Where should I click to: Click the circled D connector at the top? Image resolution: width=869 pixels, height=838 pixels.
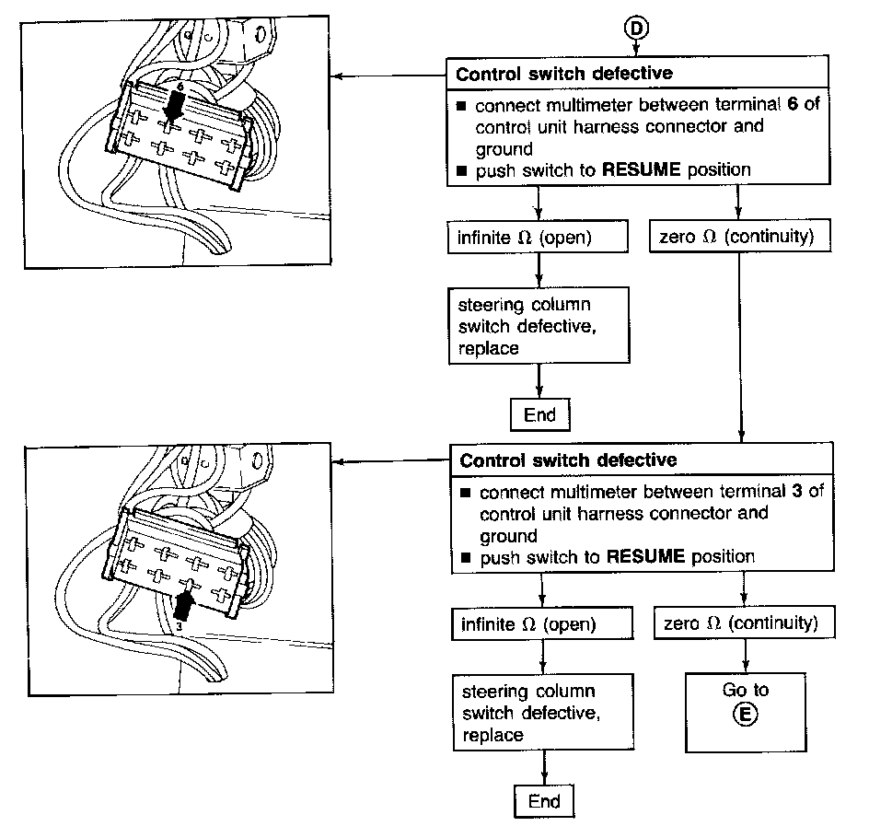[637, 29]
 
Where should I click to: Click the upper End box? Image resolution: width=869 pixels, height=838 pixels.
[539, 414]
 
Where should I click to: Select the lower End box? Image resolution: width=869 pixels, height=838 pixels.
[544, 801]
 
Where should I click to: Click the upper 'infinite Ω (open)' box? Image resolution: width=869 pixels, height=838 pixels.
[538, 238]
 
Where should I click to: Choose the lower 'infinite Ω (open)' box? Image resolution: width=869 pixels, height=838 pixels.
[541, 624]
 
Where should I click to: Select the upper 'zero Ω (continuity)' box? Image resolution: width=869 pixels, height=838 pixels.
[737, 238]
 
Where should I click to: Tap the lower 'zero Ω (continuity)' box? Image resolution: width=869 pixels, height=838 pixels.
[741, 624]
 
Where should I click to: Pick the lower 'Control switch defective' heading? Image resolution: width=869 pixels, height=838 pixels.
[568, 460]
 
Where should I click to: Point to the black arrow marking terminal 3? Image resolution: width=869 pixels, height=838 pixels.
[184, 605]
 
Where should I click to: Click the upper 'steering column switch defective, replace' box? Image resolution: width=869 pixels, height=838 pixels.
[538, 326]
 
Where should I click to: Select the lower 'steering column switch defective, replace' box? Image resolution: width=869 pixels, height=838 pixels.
[541, 713]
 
